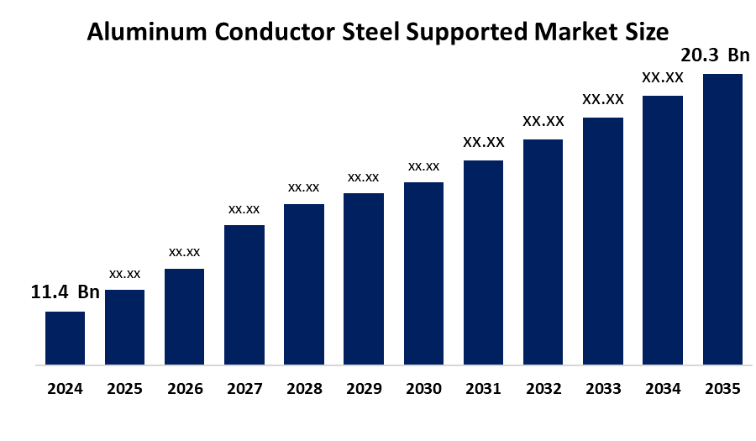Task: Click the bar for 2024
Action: coord(65,339)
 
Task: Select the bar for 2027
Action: coord(244,295)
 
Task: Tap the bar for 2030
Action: coord(423,274)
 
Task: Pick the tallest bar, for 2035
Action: coord(722,219)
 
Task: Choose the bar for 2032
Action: coord(543,252)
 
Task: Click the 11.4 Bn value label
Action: coord(65,293)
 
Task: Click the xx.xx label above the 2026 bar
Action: coord(184,251)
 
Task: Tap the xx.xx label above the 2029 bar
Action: coord(364,176)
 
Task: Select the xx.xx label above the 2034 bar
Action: coord(663,77)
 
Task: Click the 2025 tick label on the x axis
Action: coord(124,389)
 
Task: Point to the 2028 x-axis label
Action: coord(304,389)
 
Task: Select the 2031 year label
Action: coord(483,389)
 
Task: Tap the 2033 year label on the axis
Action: coord(603,389)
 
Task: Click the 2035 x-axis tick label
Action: coord(722,389)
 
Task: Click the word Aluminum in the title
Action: coord(139,33)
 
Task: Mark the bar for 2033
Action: coord(603,241)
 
